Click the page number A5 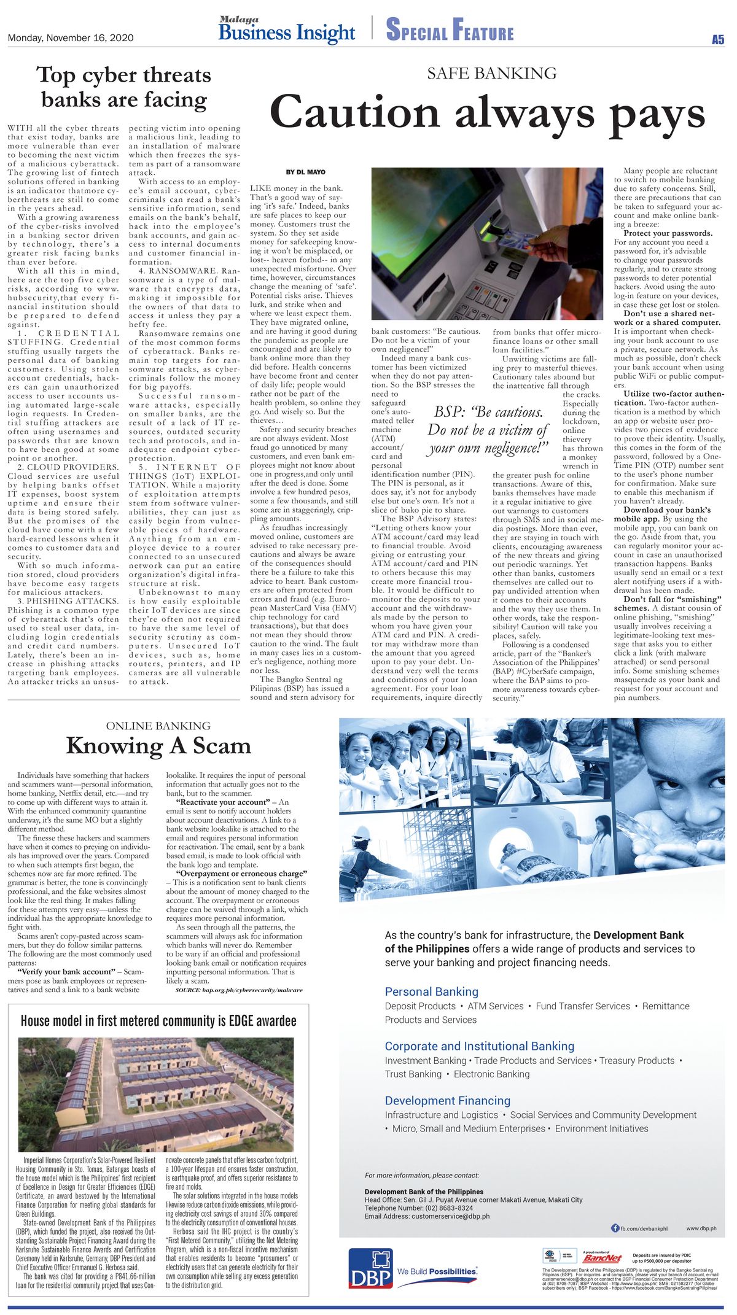[717, 40]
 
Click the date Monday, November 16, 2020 [71, 38]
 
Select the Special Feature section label [450, 30]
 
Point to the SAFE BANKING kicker [491, 74]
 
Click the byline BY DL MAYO [305, 172]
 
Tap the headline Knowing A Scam [158, 746]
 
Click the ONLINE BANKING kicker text [158, 726]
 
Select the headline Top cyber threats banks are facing [124, 87]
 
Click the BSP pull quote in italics [488, 430]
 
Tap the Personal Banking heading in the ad [431, 991]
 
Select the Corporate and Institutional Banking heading [479, 1046]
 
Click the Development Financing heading [447, 1101]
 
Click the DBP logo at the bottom [371, 1268]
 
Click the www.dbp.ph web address [701, 1228]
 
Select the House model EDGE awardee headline [158, 1021]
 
